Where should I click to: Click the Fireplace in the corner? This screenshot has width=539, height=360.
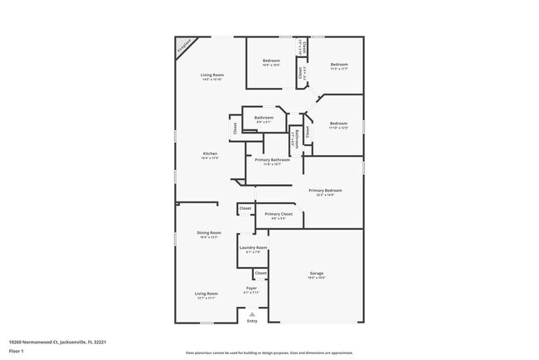[x=183, y=46]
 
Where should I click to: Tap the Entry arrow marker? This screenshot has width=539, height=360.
[x=252, y=314]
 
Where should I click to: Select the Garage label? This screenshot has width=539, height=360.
[x=317, y=273]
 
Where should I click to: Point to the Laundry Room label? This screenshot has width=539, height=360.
[x=253, y=248]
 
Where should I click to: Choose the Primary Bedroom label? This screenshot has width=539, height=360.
[x=325, y=191]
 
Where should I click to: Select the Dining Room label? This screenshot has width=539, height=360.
[x=209, y=233]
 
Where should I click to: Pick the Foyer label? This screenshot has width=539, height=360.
[x=250, y=288]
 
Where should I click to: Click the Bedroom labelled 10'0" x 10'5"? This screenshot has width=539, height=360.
[x=272, y=61]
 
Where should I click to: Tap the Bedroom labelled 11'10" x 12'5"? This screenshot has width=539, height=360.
[x=338, y=124]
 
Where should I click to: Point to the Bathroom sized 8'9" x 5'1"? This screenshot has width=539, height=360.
[x=264, y=118]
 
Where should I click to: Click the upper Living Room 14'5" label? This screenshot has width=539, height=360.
[x=212, y=75]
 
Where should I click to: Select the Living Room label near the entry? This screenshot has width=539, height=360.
[x=206, y=294]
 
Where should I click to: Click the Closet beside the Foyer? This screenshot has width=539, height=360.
[x=260, y=273]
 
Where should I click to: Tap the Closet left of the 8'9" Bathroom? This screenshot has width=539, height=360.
[x=235, y=129]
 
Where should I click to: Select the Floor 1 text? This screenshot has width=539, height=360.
[x=17, y=351]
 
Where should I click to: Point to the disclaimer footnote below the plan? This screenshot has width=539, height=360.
[x=269, y=352]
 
